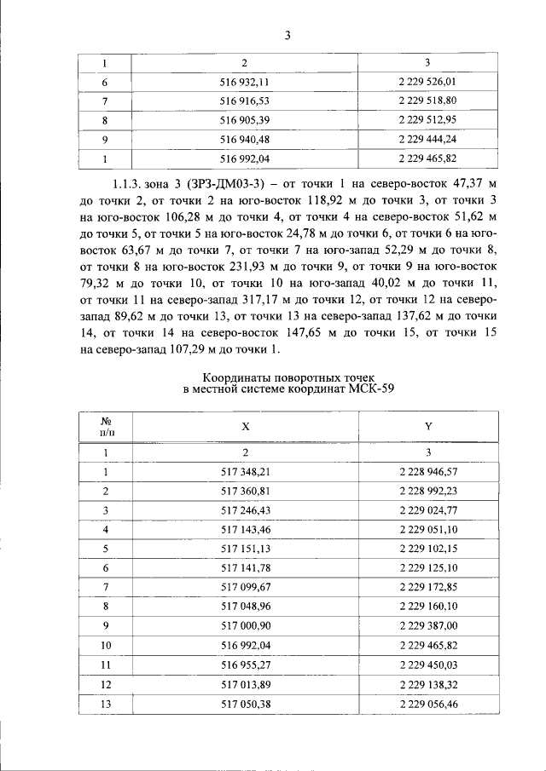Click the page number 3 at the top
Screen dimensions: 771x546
coord(288,35)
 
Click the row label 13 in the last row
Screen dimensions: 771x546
coord(107,704)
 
